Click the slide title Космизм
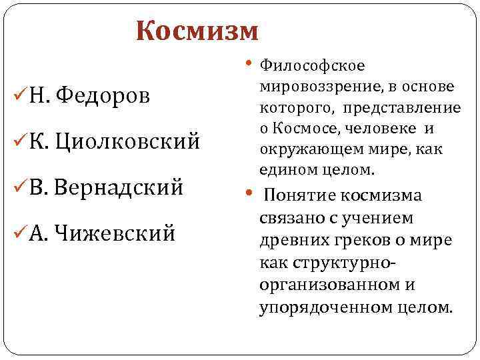coord(196,31)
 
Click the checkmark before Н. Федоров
coord(19,95)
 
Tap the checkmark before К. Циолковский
coord(19,141)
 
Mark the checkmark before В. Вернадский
coord(19,187)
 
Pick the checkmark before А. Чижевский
coord(19,233)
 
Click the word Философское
coord(311,65)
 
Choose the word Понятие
coord(301,195)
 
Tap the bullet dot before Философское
coord(249,64)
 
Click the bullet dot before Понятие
coord(249,195)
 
